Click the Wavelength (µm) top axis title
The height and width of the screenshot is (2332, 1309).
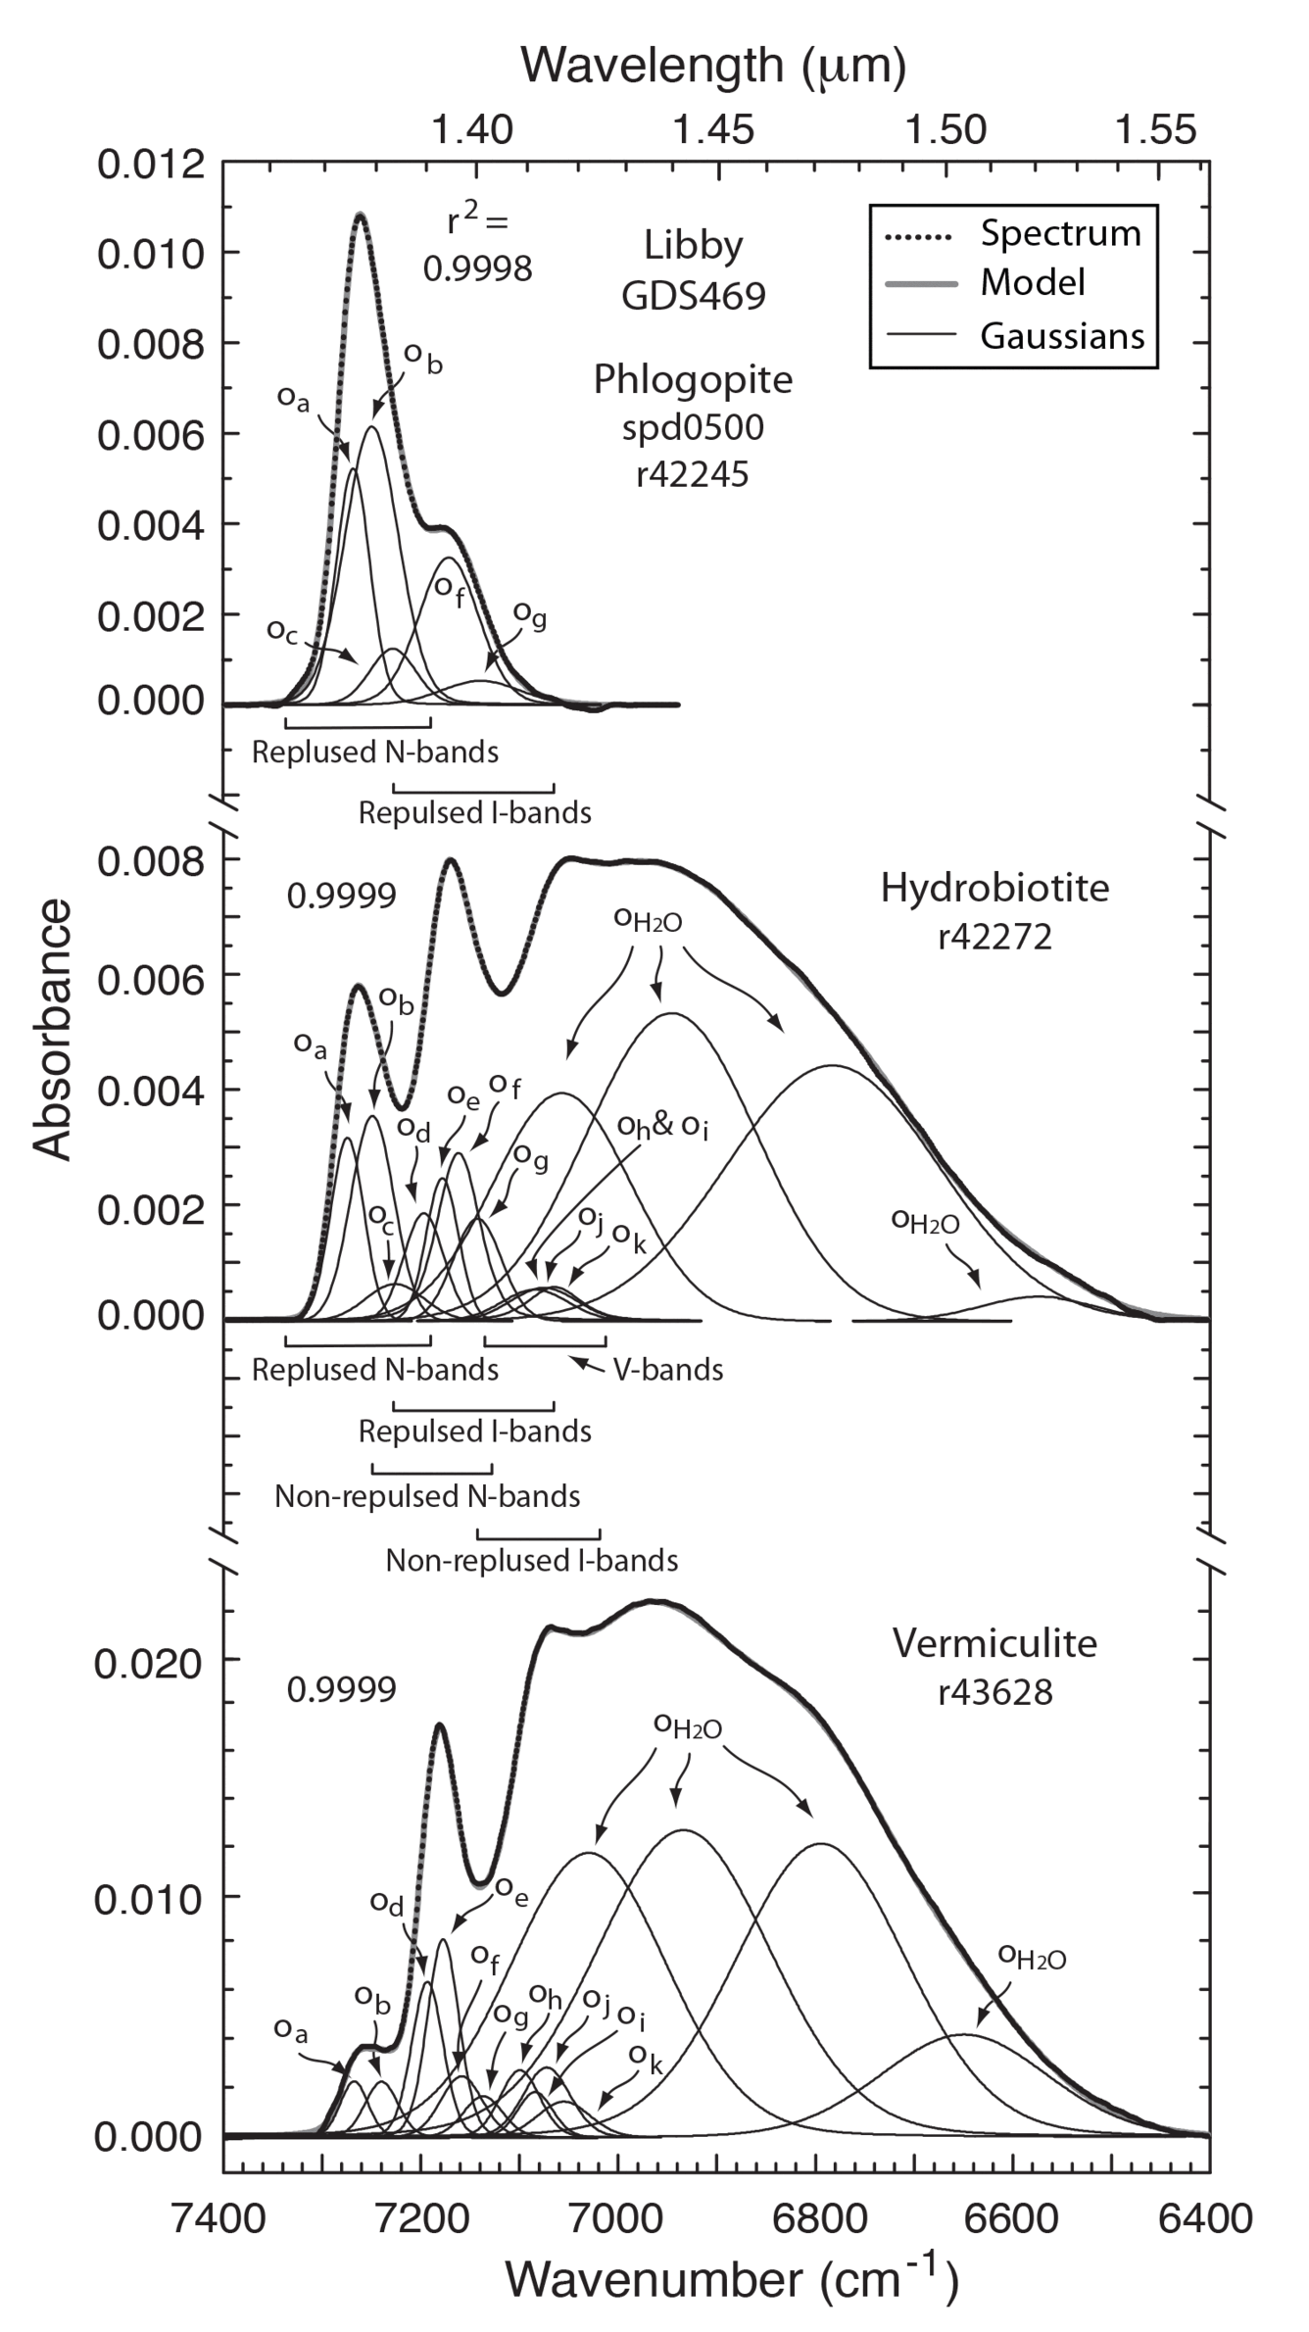pyautogui.click(x=712, y=66)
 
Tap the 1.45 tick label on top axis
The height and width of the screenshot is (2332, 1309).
pyautogui.click(x=718, y=129)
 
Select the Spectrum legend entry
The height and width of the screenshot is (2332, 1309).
pyautogui.click(x=1060, y=234)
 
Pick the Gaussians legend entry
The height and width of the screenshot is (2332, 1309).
pyautogui.click(x=1061, y=336)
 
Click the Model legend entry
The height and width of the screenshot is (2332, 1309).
pyautogui.click(x=1032, y=284)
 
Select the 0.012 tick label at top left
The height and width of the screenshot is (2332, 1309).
pyautogui.click(x=152, y=165)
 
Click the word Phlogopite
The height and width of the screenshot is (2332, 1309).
pyautogui.click(x=693, y=380)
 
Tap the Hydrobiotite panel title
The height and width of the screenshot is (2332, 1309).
pyautogui.click(x=994, y=889)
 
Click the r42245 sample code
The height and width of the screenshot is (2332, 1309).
pyautogui.click(x=692, y=474)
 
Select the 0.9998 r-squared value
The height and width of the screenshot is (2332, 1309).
pyautogui.click(x=477, y=267)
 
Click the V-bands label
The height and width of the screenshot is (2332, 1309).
pyautogui.click(x=668, y=1370)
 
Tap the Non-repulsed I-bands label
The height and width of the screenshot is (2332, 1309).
pyautogui.click(x=531, y=1560)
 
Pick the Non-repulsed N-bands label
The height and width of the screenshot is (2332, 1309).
pyautogui.click(x=427, y=1496)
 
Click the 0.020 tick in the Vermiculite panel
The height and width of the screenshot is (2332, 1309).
pyautogui.click(x=148, y=1663)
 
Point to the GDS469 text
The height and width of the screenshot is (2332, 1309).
pyautogui.click(x=693, y=295)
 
